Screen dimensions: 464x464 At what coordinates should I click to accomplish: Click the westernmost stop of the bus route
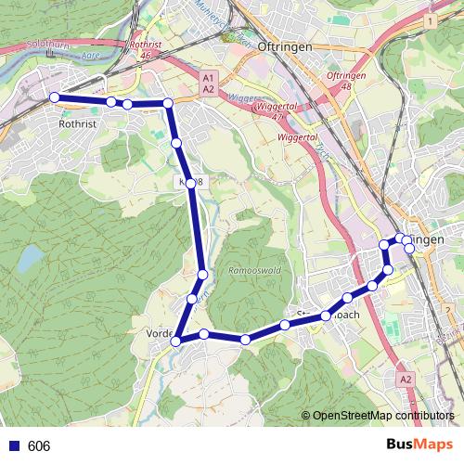coord(54,97)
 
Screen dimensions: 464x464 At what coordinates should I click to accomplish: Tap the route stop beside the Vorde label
coord(175,342)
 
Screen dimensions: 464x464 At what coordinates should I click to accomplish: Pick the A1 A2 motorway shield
coord(208,83)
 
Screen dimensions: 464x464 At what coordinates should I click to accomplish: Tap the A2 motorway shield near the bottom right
coord(406,380)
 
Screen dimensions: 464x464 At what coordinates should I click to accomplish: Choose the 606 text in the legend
coord(39,446)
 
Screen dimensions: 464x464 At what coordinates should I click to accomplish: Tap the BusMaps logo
coord(419,445)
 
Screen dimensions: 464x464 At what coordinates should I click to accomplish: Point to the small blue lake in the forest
coord(31,256)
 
